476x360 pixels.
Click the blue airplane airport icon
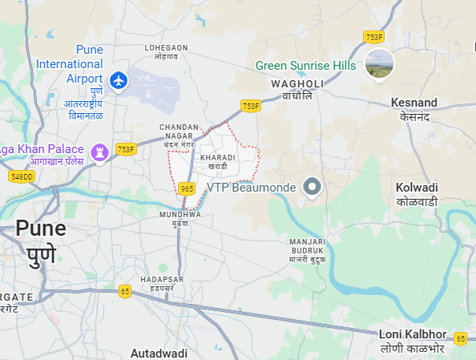tap(119, 80)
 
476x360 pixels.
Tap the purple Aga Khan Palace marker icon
tap(100, 151)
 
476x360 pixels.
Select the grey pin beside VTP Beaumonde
tap(313, 188)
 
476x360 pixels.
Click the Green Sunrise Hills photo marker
tap(379, 65)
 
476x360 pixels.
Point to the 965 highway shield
tap(187, 188)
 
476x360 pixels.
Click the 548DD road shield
tap(22, 176)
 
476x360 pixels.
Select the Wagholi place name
tap(296, 89)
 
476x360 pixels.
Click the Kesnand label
tap(413, 109)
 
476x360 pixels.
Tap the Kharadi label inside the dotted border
tap(218, 161)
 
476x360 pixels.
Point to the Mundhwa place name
tap(180, 219)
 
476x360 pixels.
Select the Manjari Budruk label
tap(309, 247)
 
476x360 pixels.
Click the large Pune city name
tap(40, 241)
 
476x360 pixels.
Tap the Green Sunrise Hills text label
tap(306, 66)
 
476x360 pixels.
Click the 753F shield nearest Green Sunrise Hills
tap(374, 37)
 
